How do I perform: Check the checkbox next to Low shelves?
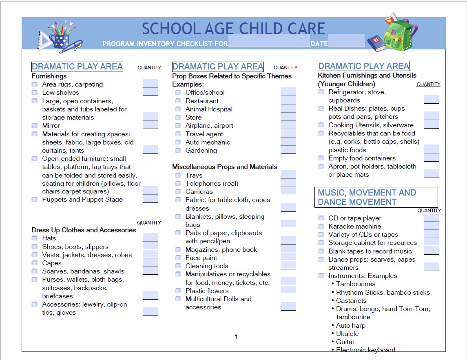[35, 93]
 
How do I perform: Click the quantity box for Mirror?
[150, 125]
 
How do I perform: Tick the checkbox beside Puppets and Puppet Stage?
[35, 200]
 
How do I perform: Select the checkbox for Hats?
[35, 238]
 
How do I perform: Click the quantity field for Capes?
[150, 262]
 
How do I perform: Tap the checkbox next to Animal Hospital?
[178, 109]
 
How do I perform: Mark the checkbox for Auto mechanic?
[178, 142]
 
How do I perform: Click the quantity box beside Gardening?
[288, 149]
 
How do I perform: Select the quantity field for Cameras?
[288, 191]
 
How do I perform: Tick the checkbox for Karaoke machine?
[321, 226]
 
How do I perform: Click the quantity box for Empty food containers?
[431, 157]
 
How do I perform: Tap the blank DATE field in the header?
[346, 41]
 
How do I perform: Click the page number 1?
[236, 337]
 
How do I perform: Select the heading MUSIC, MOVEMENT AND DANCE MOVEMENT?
[367, 197]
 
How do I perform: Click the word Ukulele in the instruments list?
[347, 333]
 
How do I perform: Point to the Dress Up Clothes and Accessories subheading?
[84, 230]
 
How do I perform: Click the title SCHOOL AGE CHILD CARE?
[234, 29]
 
